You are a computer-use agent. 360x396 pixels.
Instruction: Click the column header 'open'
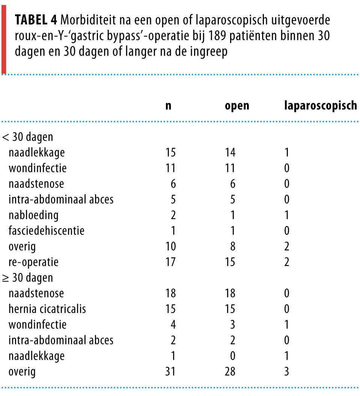(236, 106)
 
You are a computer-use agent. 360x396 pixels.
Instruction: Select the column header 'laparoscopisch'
(320, 106)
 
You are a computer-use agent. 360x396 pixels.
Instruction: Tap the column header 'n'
(169, 106)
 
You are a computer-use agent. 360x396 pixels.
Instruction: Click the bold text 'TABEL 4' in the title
(36, 20)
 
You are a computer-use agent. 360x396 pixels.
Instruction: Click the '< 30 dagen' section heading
(28, 137)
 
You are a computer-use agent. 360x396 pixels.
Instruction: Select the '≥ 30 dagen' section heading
(28, 278)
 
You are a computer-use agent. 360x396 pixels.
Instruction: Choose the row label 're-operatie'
(34, 262)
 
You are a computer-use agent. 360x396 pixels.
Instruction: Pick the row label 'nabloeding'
(33, 215)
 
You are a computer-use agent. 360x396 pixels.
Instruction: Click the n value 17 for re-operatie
(170, 262)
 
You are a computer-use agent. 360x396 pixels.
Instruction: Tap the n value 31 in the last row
(170, 372)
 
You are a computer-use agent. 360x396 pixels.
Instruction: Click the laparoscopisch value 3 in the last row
(287, 372)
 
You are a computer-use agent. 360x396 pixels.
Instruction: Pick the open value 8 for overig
(232, 246)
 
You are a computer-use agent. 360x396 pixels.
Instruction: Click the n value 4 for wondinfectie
(173, 325)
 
